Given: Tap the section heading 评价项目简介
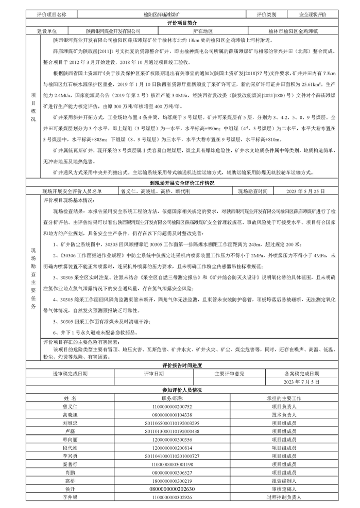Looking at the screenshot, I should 179,24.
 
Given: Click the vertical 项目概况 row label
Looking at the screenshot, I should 34,108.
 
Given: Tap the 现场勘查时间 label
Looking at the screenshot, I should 252,191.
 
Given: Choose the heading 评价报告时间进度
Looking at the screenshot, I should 179,366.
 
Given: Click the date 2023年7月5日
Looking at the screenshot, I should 301,382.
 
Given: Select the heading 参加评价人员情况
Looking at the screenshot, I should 179,390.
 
